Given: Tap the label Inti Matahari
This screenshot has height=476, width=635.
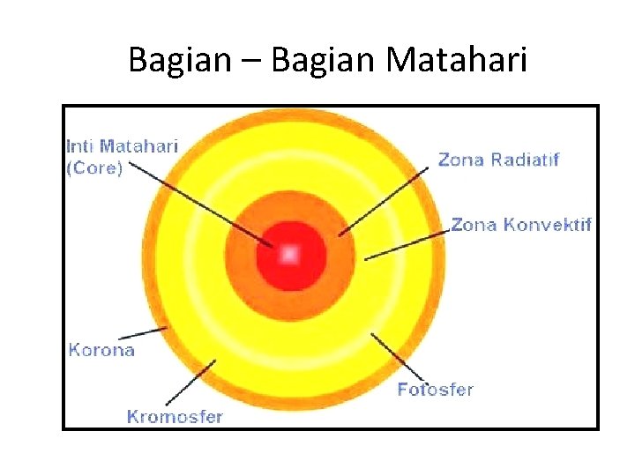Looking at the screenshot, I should point(122,146).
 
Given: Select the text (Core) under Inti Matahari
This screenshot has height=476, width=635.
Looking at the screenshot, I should point(94,167).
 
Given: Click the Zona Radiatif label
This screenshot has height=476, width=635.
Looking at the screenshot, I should point(498,160).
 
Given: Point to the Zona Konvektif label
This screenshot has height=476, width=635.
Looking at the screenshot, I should point(520,224).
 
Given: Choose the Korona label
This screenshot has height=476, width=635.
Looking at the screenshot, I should point(101,350).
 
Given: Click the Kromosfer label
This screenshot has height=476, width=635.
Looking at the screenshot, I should point(175,416).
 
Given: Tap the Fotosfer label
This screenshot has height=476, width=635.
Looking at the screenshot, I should point(435,389).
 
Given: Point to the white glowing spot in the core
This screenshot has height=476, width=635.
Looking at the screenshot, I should point(289,255).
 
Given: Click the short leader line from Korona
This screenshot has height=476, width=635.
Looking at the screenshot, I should point(143,333).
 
